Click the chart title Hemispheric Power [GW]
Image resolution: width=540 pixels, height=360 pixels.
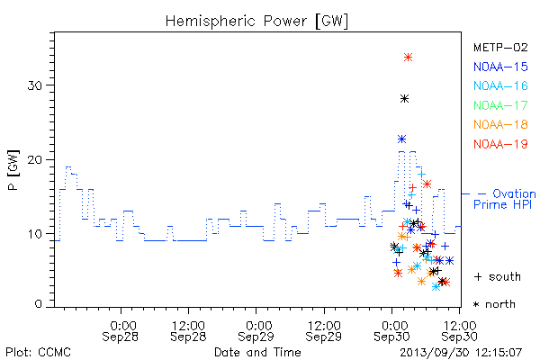pos(256,22)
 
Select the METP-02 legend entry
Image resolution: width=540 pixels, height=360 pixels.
pos(500,47)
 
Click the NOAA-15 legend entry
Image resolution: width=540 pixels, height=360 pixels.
pos(500,67)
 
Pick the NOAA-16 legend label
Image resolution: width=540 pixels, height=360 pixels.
pos(500,85)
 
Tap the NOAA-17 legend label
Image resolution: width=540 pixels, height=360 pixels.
pos(500,105)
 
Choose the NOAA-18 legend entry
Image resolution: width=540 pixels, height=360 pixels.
pos(500,124)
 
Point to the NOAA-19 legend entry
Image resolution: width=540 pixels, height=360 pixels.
pos(500,144)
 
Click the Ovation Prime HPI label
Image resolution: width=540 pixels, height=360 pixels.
pos(505,199)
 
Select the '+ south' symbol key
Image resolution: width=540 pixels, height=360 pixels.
pos(498,276)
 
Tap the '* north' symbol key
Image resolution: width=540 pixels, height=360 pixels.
pos(494,304)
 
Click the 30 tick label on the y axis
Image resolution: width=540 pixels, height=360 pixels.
pos(35,85)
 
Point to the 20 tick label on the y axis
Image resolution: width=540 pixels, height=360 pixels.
pos(35,160)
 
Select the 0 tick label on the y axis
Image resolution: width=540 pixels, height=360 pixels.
pos(39,304)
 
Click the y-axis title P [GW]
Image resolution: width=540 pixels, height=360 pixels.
pos(13,170)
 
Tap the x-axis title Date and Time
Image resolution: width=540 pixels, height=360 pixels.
pos(257,352)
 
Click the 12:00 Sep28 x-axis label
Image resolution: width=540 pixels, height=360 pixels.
pos(188,331)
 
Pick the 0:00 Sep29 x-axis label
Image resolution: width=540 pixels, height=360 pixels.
pos(256,331)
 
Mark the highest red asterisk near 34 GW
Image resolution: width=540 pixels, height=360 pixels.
pos(408,58)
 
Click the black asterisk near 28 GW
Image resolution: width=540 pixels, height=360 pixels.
pos(405,99)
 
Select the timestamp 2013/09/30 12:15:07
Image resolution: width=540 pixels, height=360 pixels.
pos(461,353)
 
